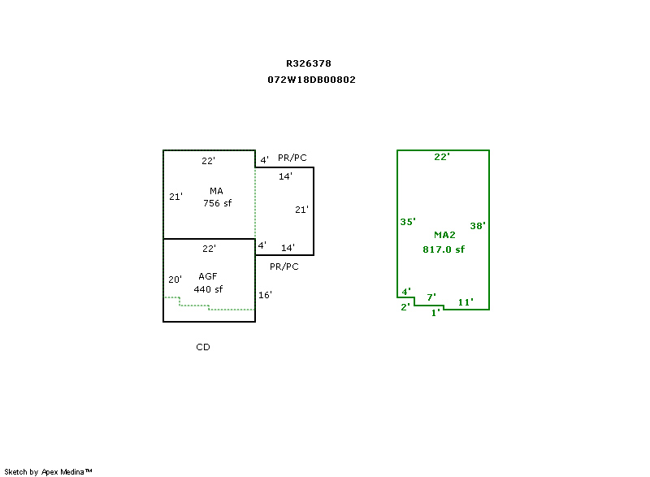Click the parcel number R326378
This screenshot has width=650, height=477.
308,63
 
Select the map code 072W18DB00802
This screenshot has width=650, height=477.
311,80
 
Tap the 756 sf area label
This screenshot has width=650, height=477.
217,203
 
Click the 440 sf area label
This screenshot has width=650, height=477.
208,289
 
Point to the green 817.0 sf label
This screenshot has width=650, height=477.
443,249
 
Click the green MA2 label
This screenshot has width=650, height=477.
444,235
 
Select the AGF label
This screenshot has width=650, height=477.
208,276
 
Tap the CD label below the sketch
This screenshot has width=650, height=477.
203,347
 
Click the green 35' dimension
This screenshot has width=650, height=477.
408,222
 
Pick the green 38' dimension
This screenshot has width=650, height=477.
478,226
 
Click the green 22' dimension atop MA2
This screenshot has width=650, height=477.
442,157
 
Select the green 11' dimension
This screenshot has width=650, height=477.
466,302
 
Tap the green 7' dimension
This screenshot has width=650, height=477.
431,297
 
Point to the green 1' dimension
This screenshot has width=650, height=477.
435,312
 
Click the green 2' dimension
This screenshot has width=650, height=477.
405,307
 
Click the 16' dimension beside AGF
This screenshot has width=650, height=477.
265,295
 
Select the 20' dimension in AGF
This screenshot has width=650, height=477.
175,280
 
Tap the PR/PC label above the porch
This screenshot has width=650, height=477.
292,158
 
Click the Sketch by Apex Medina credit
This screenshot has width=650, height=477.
48,471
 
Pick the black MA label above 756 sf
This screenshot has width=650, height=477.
216,191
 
